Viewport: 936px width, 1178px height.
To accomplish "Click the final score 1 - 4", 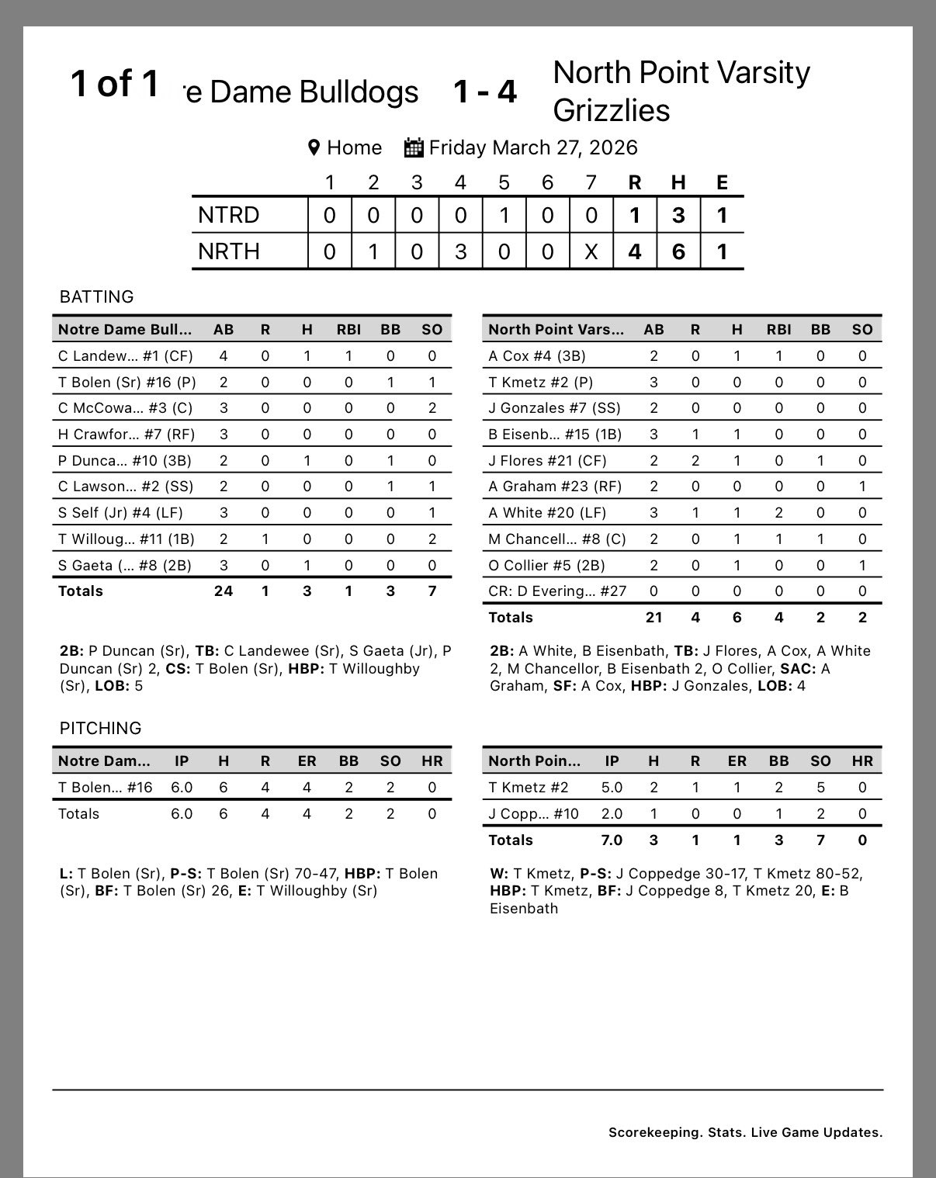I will pyautogui.click(x=485, y=92).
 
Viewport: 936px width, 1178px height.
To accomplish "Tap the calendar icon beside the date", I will pyautogui.click(x=414, y=147).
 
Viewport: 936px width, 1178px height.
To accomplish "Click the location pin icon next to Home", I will pyautogui.click(x=314, y=147).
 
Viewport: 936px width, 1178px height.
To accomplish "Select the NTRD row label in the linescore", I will pyautogui.click(x=228, y=215).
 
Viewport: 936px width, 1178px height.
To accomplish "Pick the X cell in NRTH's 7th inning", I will pyautogui.click(x=591, y=251).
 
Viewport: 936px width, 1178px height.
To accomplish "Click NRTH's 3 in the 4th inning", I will pyautogui.click(x=460, y=251).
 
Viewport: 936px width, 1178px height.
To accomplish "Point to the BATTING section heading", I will pyautogui.click(x=96, y=296).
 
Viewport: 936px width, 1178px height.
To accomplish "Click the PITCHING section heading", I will pyautogui.click(x=100, y=728).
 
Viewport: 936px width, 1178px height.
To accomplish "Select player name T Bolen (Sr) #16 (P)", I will pyautogui.click(x=125, y=382).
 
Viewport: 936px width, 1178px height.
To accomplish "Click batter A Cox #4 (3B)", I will pyautogui.click(x=537, y=355).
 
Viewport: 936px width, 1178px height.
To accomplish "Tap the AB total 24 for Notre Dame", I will pyautogui.click(x=224, y=591).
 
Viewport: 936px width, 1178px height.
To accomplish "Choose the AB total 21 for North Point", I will pyautogui.click(x=653, y=617).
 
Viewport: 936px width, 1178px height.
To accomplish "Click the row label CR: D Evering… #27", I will pyautogui.click(x=557, y=591).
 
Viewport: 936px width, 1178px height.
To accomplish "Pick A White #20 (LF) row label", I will pyautogui.click(x=547, y=512).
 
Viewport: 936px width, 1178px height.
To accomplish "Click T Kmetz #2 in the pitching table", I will pyautogui.click(x=528, y=787).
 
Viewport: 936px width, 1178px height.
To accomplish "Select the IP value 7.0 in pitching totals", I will pyautogui.click(x=612, y=840).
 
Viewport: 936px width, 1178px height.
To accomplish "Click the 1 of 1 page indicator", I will pyautogui.click(x=115, y=83).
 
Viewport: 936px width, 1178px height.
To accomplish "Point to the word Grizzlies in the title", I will pyautogui.click(x=611, y=109).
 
